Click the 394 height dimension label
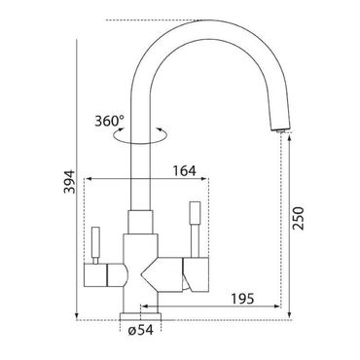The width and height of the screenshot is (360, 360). [x=69, y=182]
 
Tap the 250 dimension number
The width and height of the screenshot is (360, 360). [x=299, y=218]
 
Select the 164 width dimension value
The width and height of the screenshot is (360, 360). [x=184, y=171]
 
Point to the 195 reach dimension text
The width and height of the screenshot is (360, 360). [x=242, y=299]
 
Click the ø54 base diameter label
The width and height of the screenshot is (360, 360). [x=140, y=330]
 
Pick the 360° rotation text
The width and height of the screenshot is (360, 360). [x=110, y=121]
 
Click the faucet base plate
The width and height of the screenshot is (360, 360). [x=140, y=316]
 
